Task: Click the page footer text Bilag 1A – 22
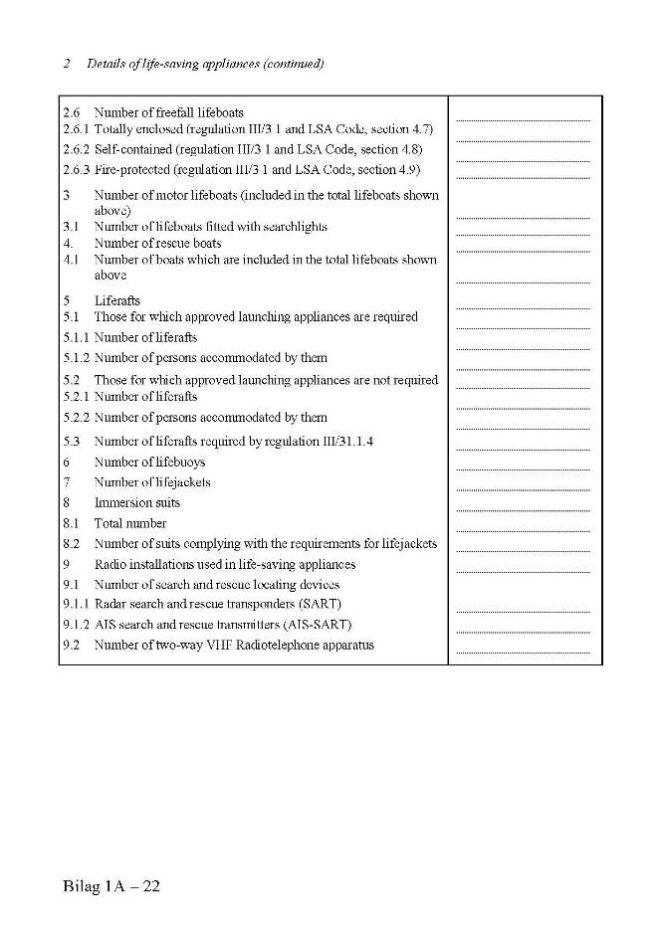coord(110,886)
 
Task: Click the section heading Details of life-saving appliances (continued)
coord(204,64)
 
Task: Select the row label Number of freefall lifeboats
coord(168,112)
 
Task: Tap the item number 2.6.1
coord(76,129)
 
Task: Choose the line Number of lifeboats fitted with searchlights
coord(210,227)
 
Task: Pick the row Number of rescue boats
coord(157,243)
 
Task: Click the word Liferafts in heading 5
coord(117,300)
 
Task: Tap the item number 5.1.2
coord(76,358)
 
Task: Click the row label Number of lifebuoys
coord(149,463)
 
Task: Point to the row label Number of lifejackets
coord(152,482)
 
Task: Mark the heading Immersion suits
coord(137,503)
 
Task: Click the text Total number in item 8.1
coord(130,523)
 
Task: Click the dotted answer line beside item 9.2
coord(523,652)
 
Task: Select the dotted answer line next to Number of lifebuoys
coord(523,468)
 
